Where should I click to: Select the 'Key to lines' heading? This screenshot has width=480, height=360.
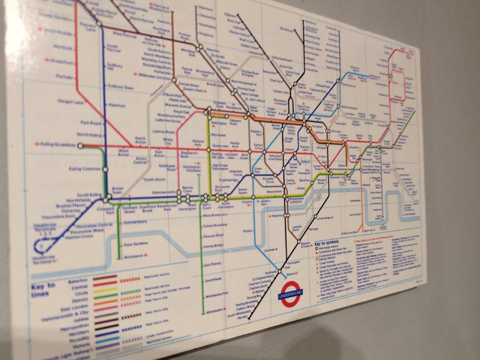pyautogui.click(x=45, y=289)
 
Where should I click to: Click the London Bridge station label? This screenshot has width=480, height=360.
pyautogui.click(x=324, y=218)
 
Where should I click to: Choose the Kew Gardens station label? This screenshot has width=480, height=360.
pyautogui.click(x=134, y=244)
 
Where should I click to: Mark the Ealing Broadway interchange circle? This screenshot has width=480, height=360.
pyautogui.click(x=81, y=145)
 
